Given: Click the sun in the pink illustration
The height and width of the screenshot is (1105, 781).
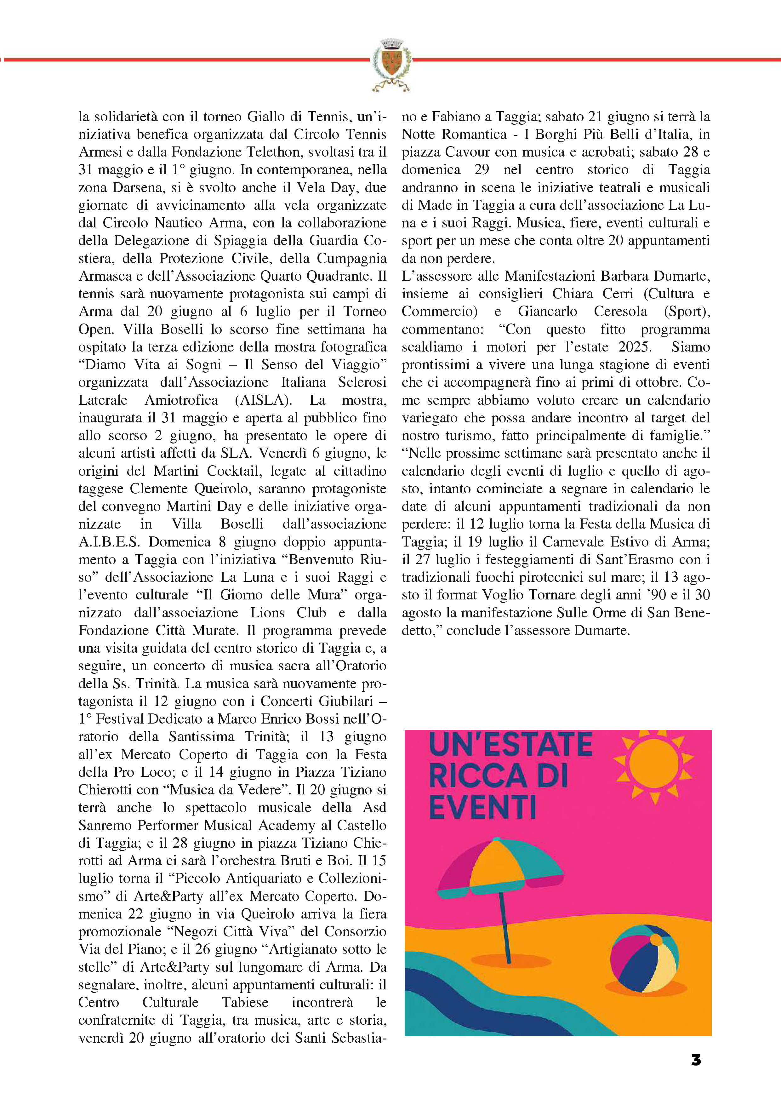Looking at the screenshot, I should click(653, 763).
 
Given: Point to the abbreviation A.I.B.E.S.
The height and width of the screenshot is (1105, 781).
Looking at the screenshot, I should click(109, 542).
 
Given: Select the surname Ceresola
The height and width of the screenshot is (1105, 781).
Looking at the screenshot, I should click(620, 312).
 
